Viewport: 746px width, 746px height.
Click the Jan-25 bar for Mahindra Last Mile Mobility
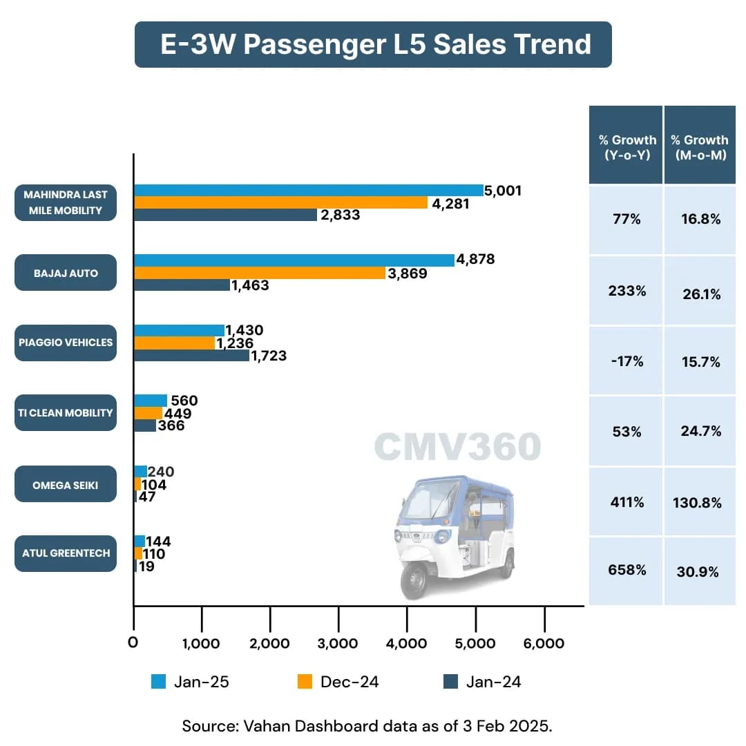point(309,191)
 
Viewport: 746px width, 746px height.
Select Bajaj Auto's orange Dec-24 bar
point(260,273)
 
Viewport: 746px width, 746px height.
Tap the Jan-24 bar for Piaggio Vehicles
point(191,356)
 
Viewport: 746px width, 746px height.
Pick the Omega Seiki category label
point(66,484)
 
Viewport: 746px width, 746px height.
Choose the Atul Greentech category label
point(66,553)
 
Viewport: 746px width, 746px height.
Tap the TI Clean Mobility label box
point(66,413)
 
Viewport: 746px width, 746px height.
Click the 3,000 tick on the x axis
point(338,643)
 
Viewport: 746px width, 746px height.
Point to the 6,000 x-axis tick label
point(544,643)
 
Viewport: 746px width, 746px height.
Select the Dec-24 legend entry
point(339,682)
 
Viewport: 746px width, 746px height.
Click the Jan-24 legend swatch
point(450,682)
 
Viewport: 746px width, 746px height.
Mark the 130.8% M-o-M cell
point(697,503)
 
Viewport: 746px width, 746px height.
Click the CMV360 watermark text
point(457,447)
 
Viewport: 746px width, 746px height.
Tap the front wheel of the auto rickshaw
point(416,579)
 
